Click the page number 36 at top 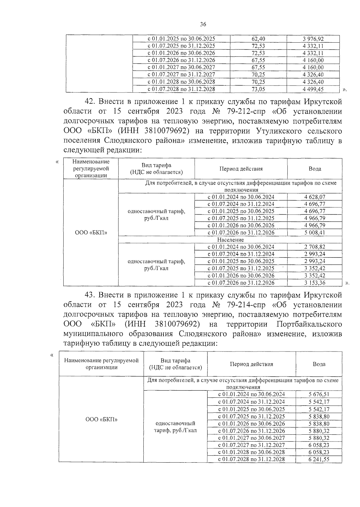pos(203,25)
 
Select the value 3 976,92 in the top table pos(313,39)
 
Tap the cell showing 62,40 pos(258,39)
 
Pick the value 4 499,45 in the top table pos(313,89)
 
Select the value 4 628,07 pos(314,197)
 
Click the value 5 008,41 pos(314,233)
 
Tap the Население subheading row pos(230,240)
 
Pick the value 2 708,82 pos(314,247)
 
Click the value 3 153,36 pos(314,283)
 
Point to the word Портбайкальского pos(309,324)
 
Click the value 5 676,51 pos(319,394)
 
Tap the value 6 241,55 pos(319,459)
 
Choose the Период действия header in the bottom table pos(251,364)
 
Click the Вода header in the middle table pos(315,169)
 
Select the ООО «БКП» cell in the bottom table pos(101,419)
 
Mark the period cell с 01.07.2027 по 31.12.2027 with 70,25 pos(181,75)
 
